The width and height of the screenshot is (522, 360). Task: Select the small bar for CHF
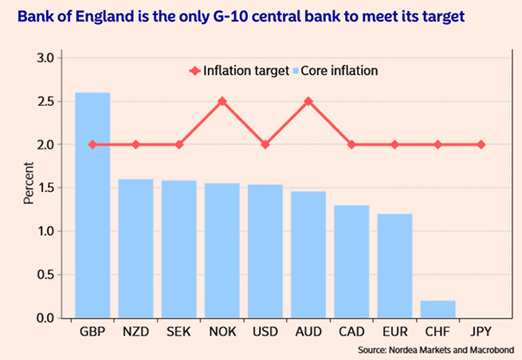[x=438, y=309]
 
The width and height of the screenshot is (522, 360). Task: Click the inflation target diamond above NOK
[x=222, y=101]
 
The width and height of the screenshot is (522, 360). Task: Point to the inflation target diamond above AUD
[x=308, y=101]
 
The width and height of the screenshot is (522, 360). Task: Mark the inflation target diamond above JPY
[x=481, y=144]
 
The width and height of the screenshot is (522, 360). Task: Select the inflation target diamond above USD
[x=265, y=144]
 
